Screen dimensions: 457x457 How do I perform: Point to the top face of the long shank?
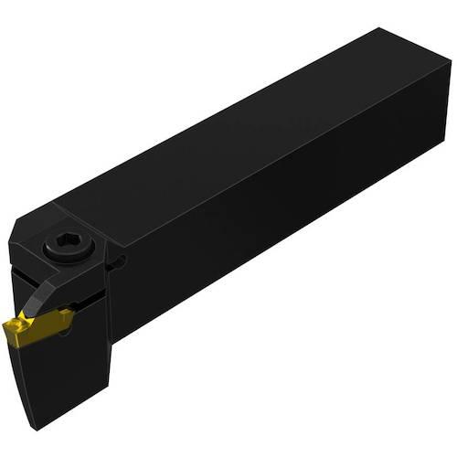pos(256,128)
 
